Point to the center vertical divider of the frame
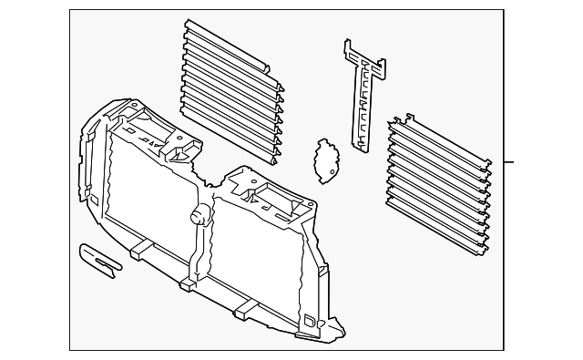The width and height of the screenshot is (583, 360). pyautogui.click(x=199, y=246)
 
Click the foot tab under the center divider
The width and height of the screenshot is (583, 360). pyautogui.click(x=189, y=285)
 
